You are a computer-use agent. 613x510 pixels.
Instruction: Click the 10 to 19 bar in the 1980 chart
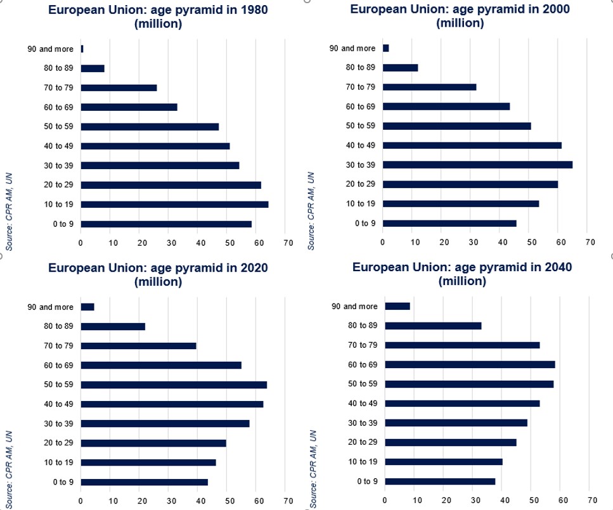click(174, 205)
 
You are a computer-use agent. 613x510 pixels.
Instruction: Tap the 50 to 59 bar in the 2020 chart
click(174, 385)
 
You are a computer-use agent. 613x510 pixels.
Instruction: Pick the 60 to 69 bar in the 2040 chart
click(470, 365)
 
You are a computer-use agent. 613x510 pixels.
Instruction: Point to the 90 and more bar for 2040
click(397, 307)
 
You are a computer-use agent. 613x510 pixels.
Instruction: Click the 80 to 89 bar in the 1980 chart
click(93, 68)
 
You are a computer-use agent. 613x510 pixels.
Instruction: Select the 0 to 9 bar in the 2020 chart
click(144, 482)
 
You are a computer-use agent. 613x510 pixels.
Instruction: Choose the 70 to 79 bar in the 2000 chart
click(429, 87)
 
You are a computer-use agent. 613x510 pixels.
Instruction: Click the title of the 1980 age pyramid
click(158, 17)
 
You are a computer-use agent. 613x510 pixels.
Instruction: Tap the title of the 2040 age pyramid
click(462, 274)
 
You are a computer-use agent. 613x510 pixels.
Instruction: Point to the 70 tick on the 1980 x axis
click(288, 243)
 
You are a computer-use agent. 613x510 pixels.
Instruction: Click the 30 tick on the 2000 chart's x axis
click(472, 242)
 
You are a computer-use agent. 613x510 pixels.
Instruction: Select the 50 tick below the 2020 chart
click(228, 500)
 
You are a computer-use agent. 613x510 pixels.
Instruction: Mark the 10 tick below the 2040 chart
click(415, 500)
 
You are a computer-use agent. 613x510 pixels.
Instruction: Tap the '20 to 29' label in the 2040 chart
click(363, 442)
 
